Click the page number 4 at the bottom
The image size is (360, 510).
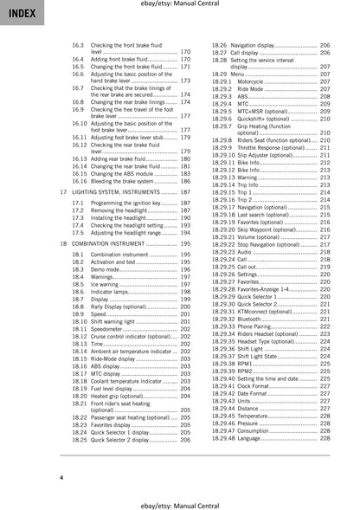coord(61,478)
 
